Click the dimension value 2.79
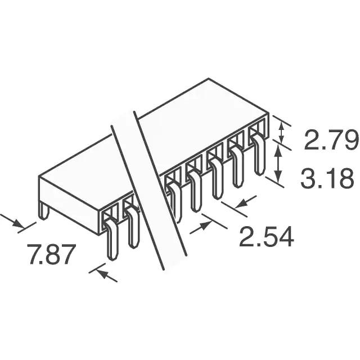pyautogui.click(x=331, y=140)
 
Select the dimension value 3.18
pyautogui.click(x=327, y=178)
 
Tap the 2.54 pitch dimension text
pyautogui.click(x=266, y=236)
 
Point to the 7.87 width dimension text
pyautogui.click(x=52, y=254)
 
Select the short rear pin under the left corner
pyautogui.click(x=44, y=210)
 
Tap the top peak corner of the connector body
pyautogui.click(x=208, y=78)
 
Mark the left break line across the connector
pyautogui.click(x=137, y=197)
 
